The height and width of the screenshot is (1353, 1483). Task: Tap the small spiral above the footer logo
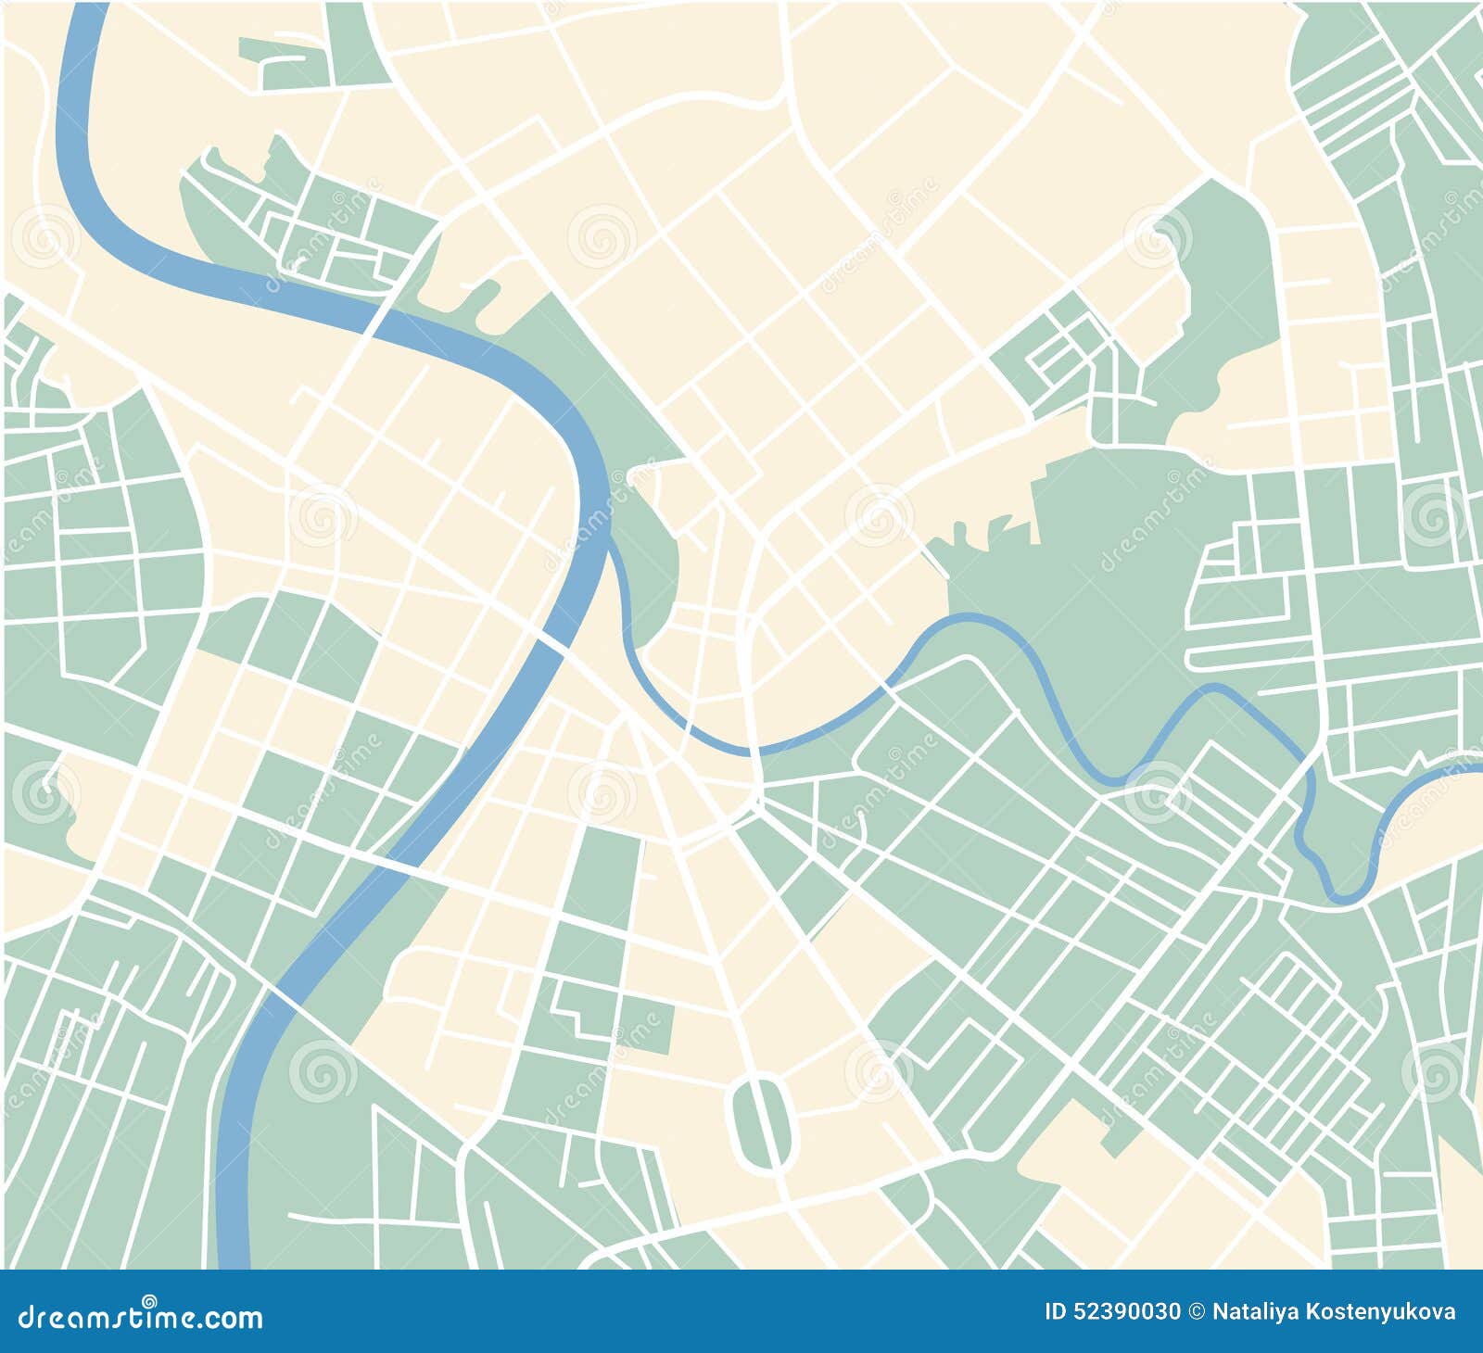point(149,1300)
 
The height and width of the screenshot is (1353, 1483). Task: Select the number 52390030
point(1127,1312)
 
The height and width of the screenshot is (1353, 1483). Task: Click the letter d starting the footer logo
point(29,1317)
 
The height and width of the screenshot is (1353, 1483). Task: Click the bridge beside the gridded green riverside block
point(381,316)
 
